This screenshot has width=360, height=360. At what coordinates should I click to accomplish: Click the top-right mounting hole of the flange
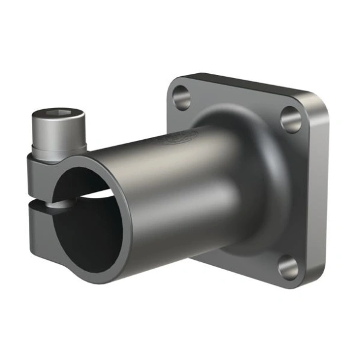coord(291,119)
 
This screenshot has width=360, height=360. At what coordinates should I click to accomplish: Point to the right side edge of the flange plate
coord(321,192)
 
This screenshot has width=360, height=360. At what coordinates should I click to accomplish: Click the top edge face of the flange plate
coord(240,84)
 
